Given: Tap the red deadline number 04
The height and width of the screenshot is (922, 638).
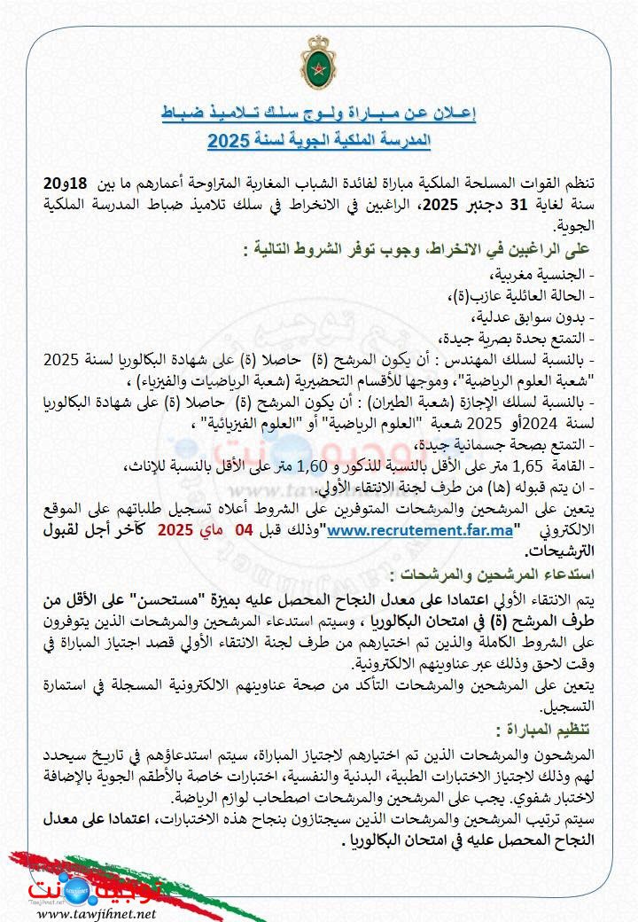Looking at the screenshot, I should point(243,530).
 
